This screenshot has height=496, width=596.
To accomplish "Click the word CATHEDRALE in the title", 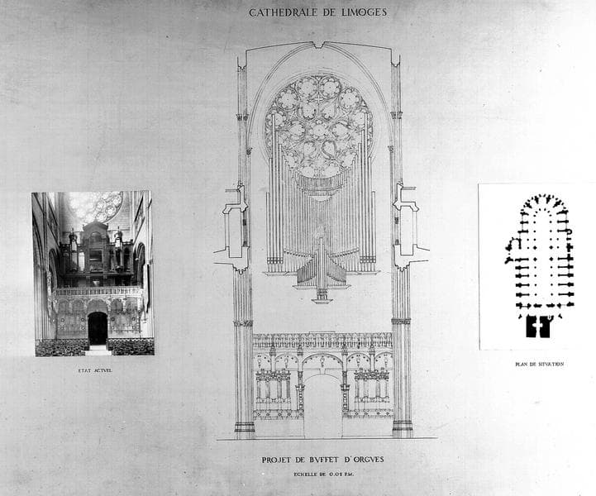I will click(281, 12).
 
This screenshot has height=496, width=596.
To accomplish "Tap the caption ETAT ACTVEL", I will click(93, 370).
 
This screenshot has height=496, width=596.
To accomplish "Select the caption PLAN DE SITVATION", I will click(539, 364).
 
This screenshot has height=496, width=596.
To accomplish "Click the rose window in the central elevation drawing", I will click(319, 124).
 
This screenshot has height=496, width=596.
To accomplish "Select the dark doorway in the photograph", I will click(98, 328).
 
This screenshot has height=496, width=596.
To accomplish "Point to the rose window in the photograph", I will click(95, 206).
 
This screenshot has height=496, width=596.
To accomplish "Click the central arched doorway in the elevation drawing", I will click(322, 405).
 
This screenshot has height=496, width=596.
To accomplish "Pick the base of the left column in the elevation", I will click(244, 428).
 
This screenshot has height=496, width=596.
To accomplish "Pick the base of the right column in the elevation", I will click(403, 428).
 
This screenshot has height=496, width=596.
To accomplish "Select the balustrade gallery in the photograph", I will click(98, 291).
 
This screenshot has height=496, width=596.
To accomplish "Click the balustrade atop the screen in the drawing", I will click(322, 340).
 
